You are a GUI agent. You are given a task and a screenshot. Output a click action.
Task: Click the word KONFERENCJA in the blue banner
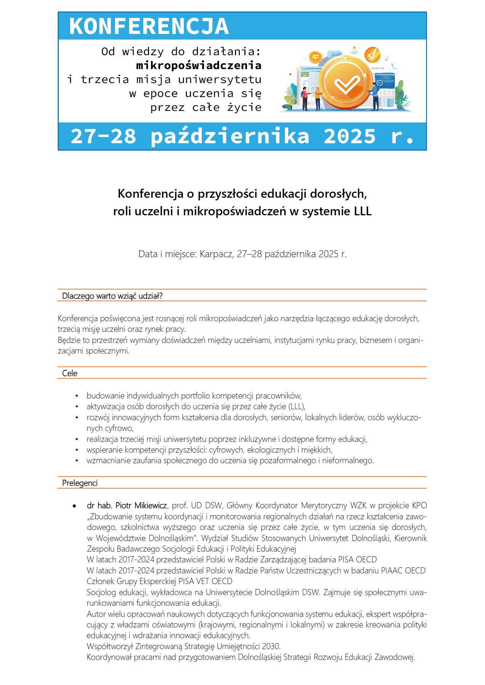pos(149,26)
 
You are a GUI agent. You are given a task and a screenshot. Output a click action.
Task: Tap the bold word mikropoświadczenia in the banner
pos(199,66)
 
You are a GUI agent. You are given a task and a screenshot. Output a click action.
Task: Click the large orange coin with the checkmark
pos(346,83)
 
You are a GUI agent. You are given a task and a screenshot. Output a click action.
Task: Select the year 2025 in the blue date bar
pos(350,136)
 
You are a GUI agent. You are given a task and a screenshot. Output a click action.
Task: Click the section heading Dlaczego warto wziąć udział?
pos(112,296)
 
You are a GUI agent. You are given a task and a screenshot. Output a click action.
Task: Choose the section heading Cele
pos(70,373)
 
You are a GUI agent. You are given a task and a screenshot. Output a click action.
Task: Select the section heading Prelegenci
pos(80,483)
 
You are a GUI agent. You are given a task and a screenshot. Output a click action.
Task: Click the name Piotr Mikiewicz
pos(141,506)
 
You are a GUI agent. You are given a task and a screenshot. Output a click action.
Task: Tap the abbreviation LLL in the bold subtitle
pos(363,211)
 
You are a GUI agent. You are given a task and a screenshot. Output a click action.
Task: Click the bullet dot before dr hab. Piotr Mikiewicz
pos(75,506)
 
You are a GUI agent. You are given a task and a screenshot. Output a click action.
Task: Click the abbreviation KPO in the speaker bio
pos(419,506)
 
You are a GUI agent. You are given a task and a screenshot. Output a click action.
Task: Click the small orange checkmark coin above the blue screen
pos(373,54)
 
